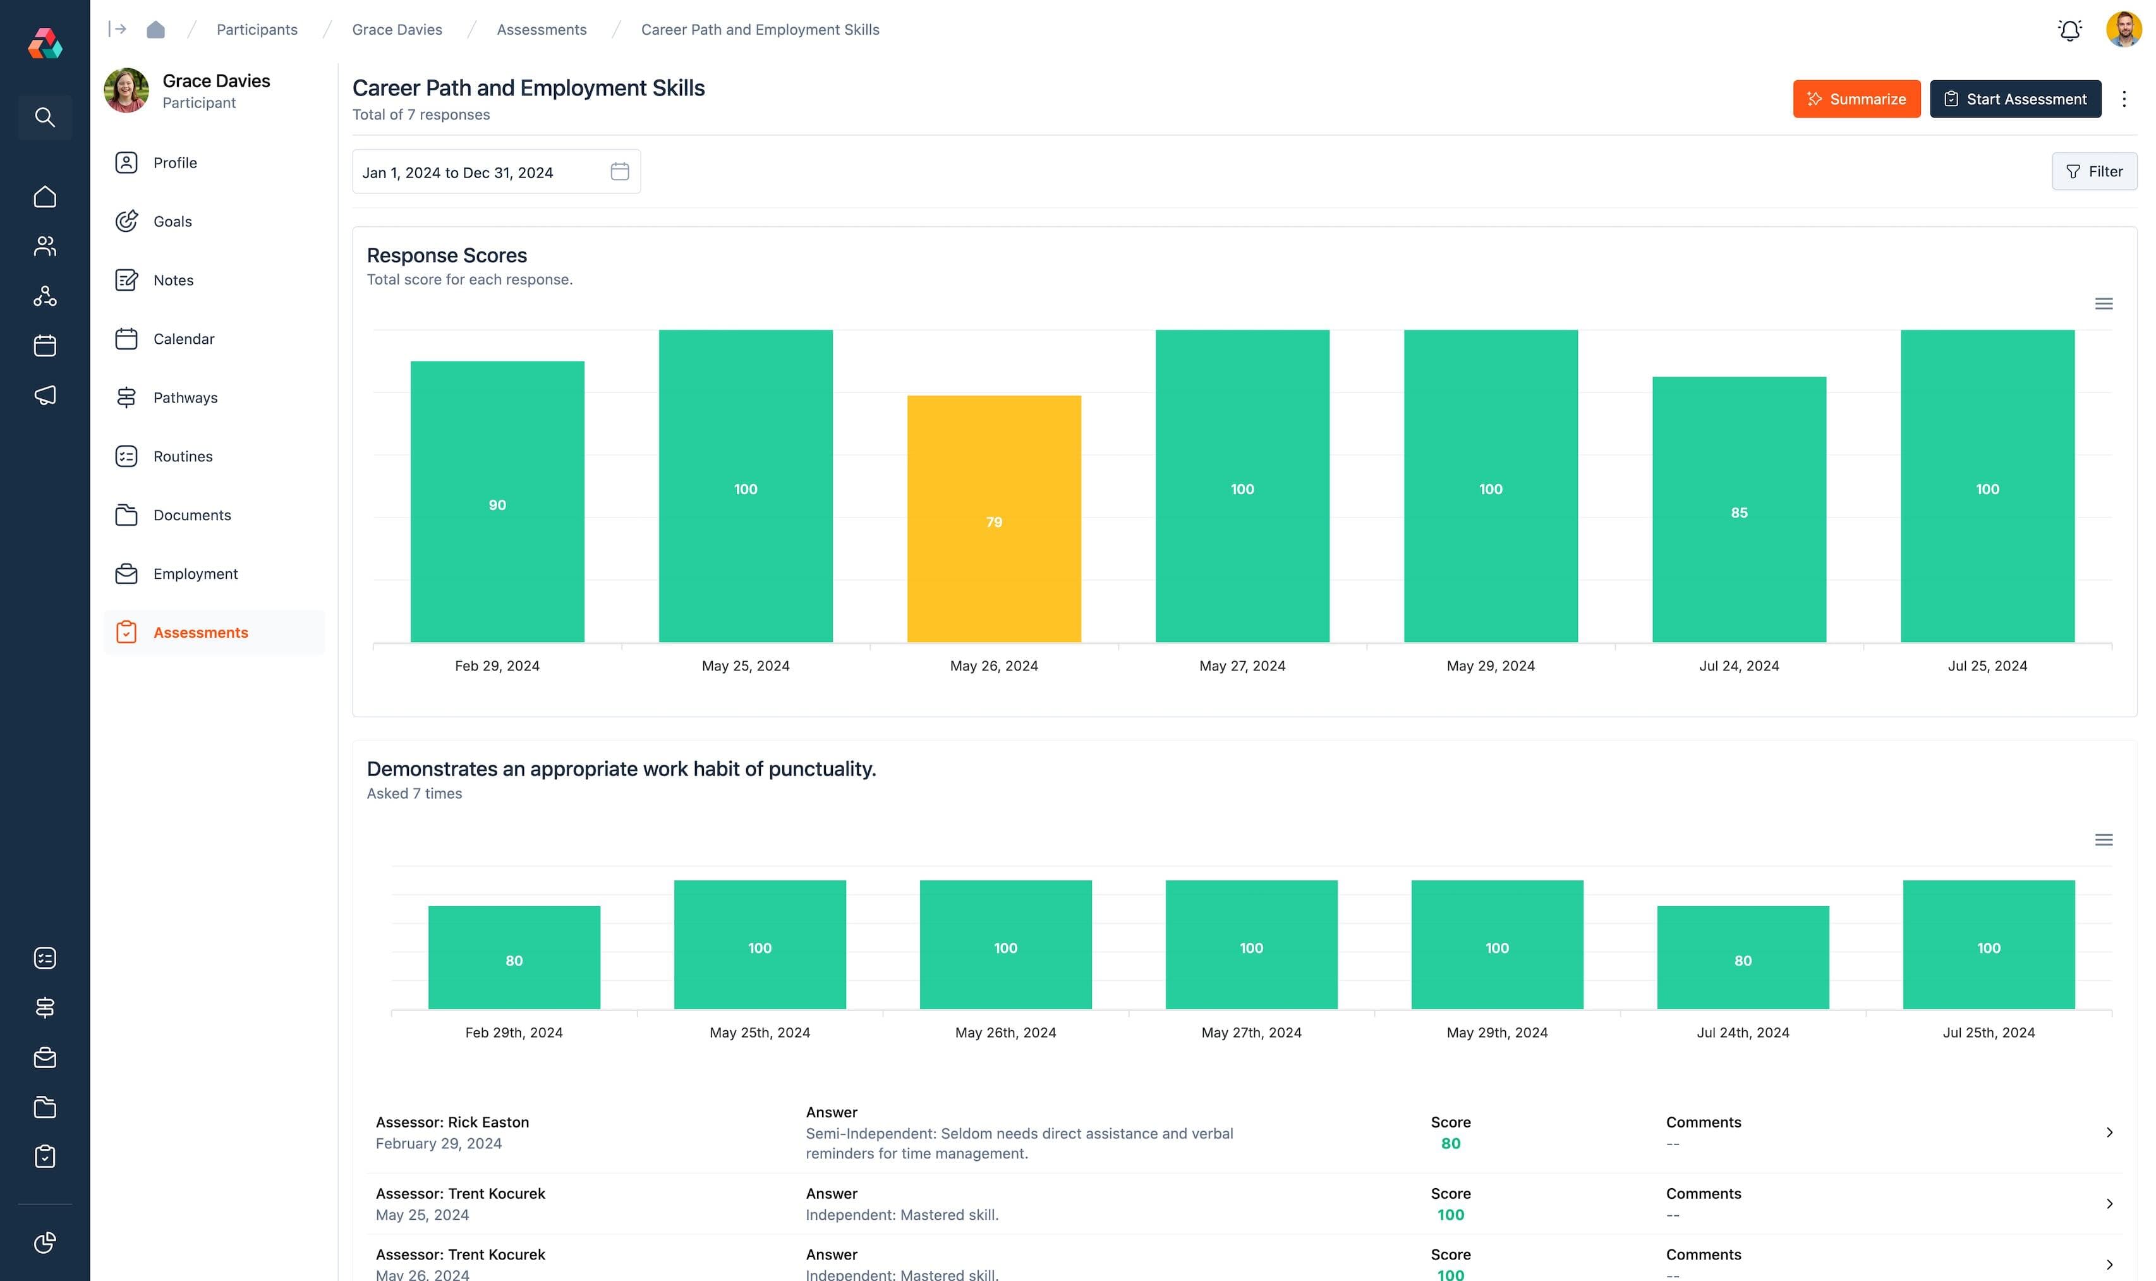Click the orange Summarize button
tap(1856, 99)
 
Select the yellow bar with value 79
tap(993, 518)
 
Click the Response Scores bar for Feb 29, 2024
tap(497, 501)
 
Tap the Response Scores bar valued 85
tap(1738, 509)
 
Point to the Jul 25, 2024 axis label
tap(1987, 665)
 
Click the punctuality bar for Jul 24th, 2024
tap(1743, 957)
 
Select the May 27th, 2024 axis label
tap(1251, 1033)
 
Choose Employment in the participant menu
tap(195, 574)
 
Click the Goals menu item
tap(172, 222)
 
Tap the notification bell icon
tap(2069, 30)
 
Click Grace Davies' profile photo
tap(126, 90)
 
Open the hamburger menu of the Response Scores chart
tap(2104, 304)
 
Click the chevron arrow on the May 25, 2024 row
tap(2109, 1203)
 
